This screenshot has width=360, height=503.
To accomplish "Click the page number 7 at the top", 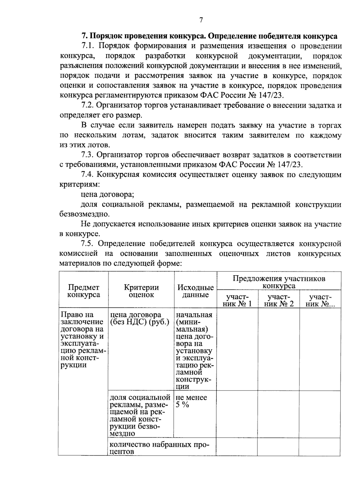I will pyautogui.click(x=201, y=20).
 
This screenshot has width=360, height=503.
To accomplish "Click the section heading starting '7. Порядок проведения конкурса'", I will pyautogui.click(x=209, y=36).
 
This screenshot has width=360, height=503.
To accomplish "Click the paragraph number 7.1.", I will pyautogui.click(x=88, y=46).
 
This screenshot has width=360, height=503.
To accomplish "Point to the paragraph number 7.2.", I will pyautogui.click(x=88, y=106).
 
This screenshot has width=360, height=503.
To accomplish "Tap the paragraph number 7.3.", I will pyautogui.click(x=88, y=155).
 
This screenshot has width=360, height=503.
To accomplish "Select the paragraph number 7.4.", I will pyautogui.click(x=88, y=175).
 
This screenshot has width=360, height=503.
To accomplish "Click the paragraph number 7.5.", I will pyautogui.click(x=88, y=244).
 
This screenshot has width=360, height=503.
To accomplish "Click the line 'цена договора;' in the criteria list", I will pyautogui.click(x=107, y=195).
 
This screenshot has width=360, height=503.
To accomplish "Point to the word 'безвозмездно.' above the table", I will pyautogui.click(x=85, y=214).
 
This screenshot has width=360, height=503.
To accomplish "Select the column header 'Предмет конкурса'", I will pyautogui.click(x=83, y=291).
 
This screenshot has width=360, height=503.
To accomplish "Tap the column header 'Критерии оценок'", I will pyautogui.click(x=141, y=291).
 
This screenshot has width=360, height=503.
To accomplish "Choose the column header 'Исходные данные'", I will pyautogui.click(x=195, y=291).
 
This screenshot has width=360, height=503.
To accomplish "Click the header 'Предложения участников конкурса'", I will pyautogui.click(x=279, y=282).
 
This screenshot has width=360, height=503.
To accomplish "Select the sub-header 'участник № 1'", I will pyautogui.click(x=237, y=300).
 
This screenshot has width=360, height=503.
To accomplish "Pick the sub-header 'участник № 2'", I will pyautogui.click(x=278, y=300).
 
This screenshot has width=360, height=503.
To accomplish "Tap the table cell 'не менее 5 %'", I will pyautogui.click(x=191, y=401).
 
